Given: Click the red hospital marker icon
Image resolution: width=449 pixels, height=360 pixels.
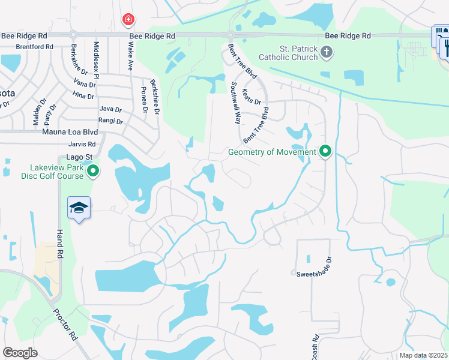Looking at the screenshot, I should pos(127,20).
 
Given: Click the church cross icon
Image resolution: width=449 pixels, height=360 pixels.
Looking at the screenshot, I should pos(326,53).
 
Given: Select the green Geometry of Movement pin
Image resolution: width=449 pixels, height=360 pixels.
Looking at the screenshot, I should pos(326,151).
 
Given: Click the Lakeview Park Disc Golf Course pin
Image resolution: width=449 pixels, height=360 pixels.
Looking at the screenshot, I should pos(92,172).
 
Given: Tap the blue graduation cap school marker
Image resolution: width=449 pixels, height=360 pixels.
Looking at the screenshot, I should pos(79,208).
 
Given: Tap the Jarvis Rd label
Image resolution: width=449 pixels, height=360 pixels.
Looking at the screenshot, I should pos(82,144).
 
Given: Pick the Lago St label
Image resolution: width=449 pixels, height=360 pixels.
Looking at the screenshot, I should pos(79,157).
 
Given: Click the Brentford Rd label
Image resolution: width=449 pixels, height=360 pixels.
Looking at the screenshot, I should pos(26,46).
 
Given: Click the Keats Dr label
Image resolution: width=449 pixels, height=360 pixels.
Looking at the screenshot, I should pos(252,97).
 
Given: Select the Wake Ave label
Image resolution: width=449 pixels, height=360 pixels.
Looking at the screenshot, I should pos(130,57).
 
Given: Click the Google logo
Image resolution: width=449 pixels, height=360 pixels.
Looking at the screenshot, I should pos(20,353).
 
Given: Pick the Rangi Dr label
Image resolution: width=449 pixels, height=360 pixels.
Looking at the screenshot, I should pos(111,121).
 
